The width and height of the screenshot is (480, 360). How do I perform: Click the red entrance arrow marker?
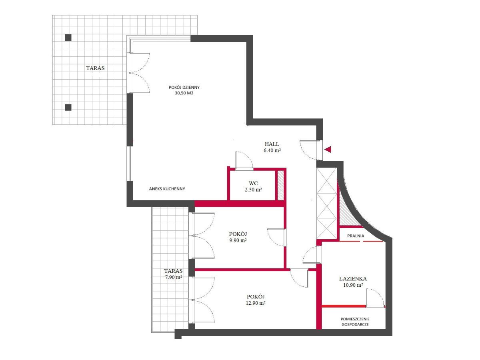pos(328,149)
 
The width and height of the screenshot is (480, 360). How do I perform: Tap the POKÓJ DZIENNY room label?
pos(184,88)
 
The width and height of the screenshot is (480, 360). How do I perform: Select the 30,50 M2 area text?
pos(184,93)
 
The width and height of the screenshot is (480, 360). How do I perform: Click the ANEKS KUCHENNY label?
pos(167,189)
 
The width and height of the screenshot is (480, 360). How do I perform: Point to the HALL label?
pos(272,144)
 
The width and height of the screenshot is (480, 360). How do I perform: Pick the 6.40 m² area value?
pos(272,150)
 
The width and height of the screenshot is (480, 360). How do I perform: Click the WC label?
pos(253,183)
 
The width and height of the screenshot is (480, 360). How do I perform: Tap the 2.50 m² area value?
pos(253,190)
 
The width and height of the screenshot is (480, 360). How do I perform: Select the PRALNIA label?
pos(356,236)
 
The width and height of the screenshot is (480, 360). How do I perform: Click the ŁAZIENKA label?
pos(353,279)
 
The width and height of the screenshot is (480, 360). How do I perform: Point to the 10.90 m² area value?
pos(353,285)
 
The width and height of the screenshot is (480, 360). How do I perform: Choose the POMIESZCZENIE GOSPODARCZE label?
pos(355,322)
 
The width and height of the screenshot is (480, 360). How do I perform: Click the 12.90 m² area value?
pos(256,303)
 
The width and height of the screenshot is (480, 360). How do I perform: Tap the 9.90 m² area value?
pos(238,240)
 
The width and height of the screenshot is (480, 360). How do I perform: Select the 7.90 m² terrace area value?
pos(174,277)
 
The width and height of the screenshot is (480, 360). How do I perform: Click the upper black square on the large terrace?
pos(68,38)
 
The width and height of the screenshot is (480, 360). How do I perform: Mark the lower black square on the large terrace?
pos(68,107)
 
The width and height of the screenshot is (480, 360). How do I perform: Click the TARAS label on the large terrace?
pos(95,68)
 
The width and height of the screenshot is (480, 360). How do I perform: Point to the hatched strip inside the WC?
pos(280,185)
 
